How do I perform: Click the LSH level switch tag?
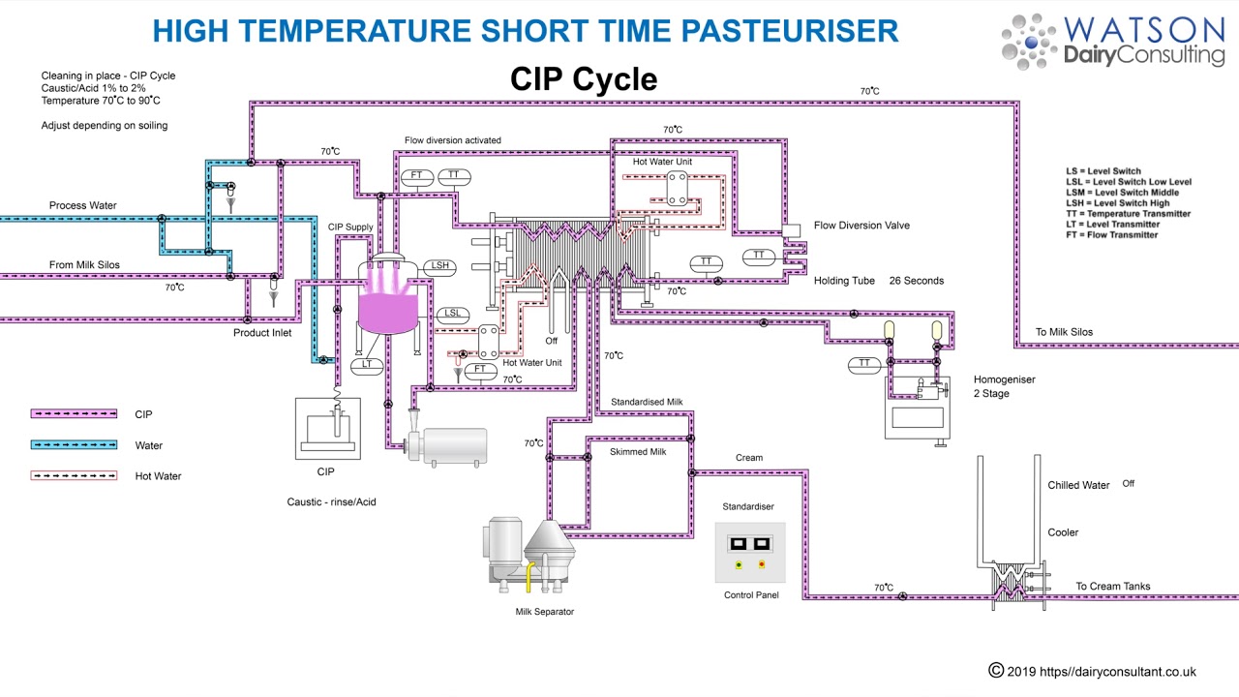[440, 266]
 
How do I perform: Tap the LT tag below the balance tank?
[367, 365]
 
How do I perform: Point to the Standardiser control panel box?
[750, 553]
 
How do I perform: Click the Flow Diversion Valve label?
[861, 226]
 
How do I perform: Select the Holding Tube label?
[844, 281]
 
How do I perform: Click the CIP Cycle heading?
[584, 79]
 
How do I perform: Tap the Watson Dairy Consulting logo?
[1113, 42]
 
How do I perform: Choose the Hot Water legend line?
[74, 476]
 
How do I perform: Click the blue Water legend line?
[74, 445]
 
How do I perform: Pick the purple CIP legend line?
[74, 414]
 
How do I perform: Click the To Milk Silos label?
[1064, 332]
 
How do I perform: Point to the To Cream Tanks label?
[1113, 587]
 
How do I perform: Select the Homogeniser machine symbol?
[918, 407]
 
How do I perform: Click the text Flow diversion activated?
[453, 140]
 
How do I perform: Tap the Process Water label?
[83, 205]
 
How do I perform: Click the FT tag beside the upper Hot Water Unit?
[417, 176]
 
